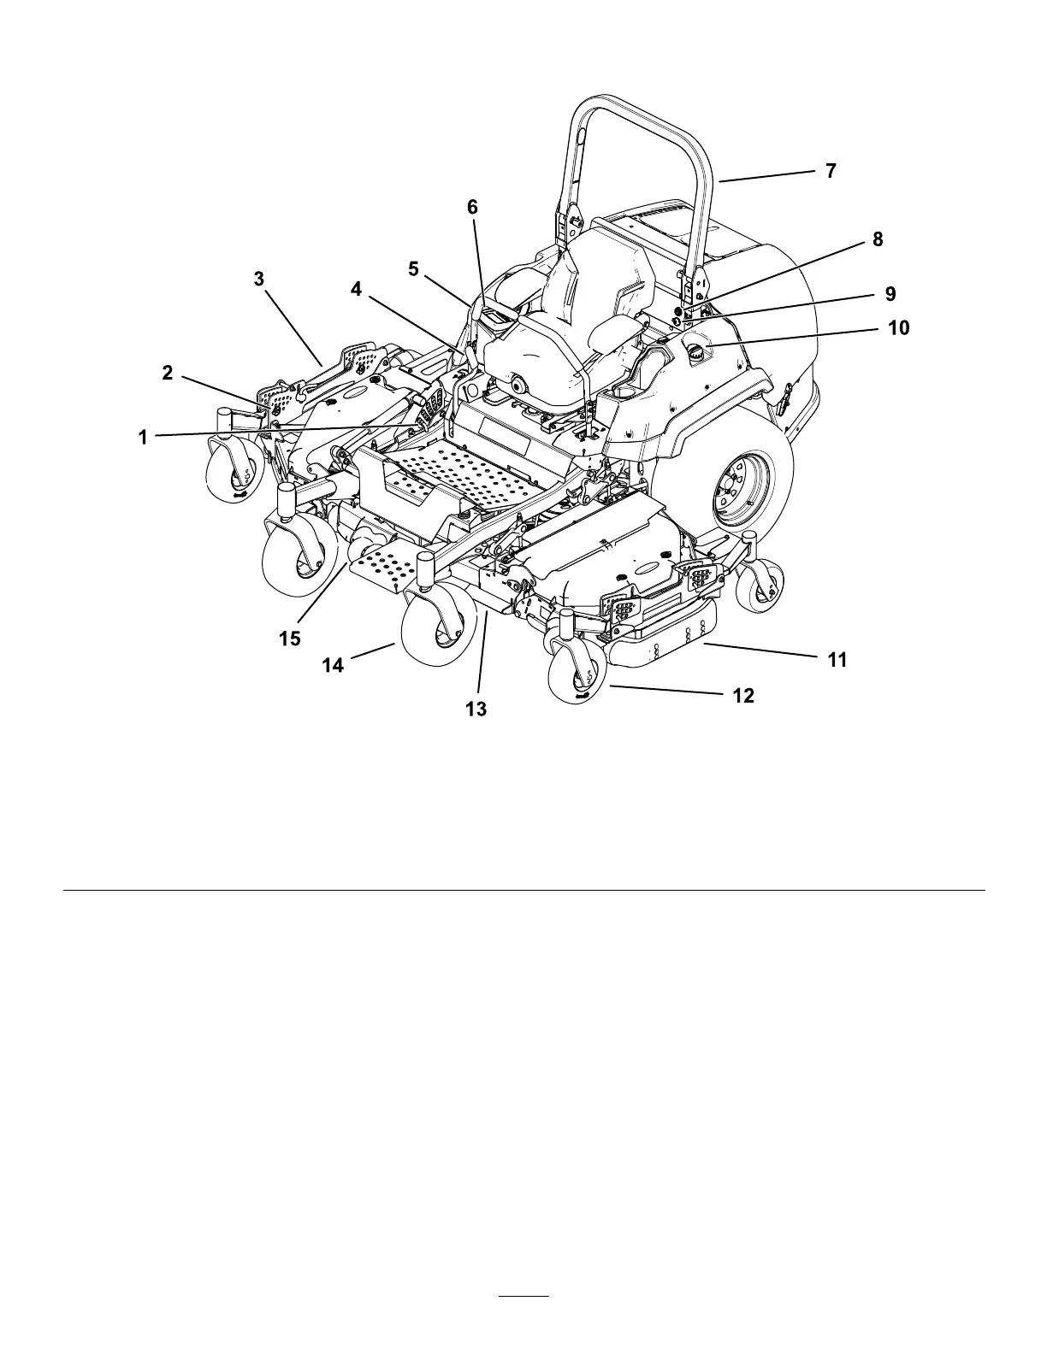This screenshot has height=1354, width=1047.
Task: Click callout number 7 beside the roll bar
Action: point(831,171)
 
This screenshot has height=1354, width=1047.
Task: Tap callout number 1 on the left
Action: point(143,438)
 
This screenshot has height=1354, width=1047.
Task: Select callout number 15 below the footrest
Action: point(290,639)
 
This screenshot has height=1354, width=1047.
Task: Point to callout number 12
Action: point(743,696)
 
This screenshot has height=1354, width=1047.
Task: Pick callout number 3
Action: point(259,279)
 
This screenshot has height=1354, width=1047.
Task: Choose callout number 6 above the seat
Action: point(473,208)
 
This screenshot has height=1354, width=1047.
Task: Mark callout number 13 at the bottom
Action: point(476,709)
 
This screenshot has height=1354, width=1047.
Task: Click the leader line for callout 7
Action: point(766,176)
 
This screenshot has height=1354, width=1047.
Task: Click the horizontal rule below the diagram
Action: point(523,890)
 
